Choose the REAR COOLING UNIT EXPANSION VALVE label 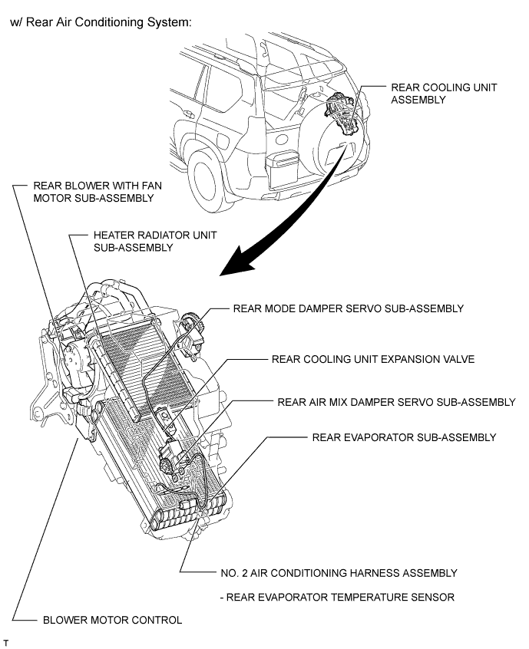(x=373, y=358)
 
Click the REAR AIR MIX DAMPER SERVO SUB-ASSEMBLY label (x=396, y=402)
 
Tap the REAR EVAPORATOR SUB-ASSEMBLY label (x=404, y=437)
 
